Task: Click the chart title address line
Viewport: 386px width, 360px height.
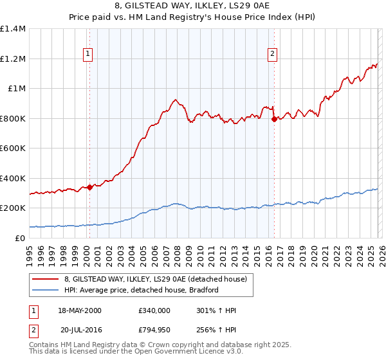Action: tap(192, 6)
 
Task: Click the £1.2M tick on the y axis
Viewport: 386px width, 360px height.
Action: tap(13, 59)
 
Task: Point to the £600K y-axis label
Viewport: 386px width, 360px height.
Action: tap(13, 148)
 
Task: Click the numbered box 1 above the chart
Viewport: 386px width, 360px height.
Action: tap(87, 55)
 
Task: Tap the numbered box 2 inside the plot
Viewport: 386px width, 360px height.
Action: tap(272, 55)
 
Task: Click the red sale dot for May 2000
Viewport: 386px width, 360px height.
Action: tap(89, 187)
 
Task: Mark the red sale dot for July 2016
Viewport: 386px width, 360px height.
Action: tap(274, 119)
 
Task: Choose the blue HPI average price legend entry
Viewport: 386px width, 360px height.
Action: tap(142, 290)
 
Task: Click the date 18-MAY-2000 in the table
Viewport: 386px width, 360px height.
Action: tap(79, 310)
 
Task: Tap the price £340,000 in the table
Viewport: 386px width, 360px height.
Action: tap(154, 310)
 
